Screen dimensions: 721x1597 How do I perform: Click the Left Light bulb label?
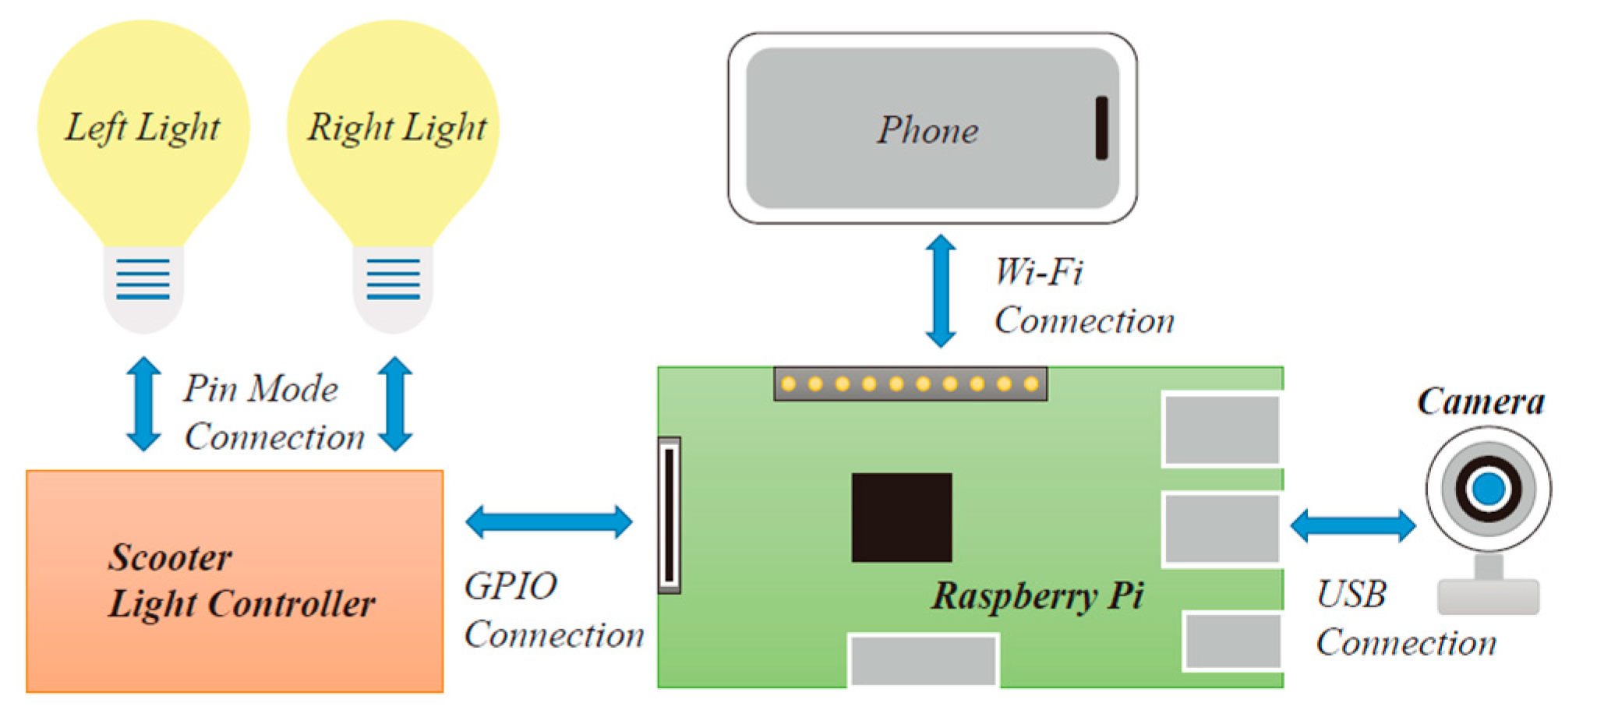click(143, 128)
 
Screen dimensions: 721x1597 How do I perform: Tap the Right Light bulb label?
click(397, 128)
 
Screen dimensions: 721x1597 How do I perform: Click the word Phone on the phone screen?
click(927, 130)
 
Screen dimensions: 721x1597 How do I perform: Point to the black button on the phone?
click(1101, 128)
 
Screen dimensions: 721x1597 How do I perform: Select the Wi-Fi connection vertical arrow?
click(941, 291)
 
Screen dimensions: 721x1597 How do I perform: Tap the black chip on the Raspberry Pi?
click(902, 518)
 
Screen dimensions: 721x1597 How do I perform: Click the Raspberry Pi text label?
click(1037, 596)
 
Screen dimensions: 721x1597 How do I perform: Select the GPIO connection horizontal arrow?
click(549, 522)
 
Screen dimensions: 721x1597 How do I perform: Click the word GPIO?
click(511, 586)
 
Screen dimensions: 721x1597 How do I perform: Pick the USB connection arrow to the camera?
click(1353, 526)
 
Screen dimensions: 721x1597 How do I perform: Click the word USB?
click(1351, 595)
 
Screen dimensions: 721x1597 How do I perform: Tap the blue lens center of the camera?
click(1489, 490)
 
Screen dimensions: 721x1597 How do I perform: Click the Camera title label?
click(1480, 402)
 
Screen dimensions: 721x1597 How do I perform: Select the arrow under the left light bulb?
click(144, 404)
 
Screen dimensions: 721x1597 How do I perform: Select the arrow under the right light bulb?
click(395, 404)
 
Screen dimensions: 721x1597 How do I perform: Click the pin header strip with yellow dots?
click(910, 384)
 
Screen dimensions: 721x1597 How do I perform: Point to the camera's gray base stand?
click(1488, 596)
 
